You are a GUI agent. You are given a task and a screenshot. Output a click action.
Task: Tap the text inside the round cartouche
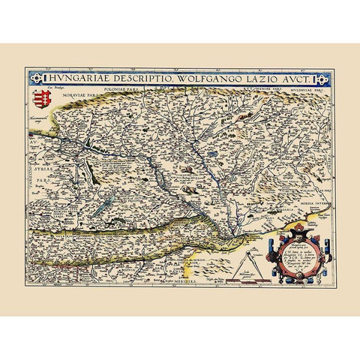300,256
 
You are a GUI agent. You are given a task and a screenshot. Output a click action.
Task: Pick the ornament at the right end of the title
322,79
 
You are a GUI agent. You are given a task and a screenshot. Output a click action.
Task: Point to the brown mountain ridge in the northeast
247,117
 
